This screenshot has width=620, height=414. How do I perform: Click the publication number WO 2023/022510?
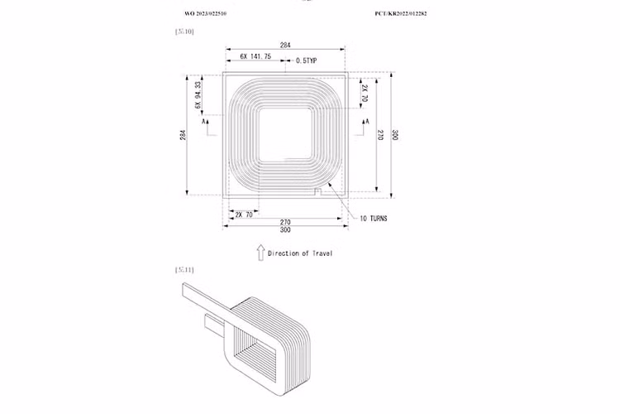(205, 14)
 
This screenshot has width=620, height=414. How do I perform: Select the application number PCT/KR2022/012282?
(406, 14)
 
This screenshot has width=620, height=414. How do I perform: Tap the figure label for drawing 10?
(184, 31)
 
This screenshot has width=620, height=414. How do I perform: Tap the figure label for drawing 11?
(184, 270)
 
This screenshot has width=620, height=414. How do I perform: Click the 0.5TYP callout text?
(307, 60)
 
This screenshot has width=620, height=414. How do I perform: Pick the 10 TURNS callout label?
(374, 219)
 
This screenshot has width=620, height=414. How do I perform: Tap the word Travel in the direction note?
(320, 253)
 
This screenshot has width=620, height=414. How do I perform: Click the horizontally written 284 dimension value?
(285, 45)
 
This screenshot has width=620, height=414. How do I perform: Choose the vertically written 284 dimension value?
(183, 135)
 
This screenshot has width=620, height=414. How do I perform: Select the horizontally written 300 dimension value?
(285, 230)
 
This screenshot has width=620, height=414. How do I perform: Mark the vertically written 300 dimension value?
(395, 135)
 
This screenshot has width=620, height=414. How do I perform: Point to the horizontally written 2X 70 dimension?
(243, 214)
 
